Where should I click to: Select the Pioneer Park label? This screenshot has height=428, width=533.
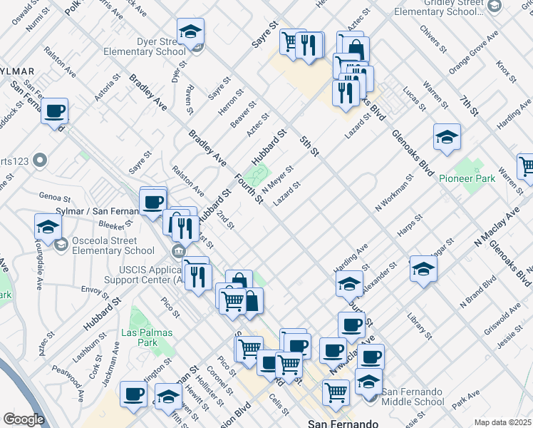click(467, 178)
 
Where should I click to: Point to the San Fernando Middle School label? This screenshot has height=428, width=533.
click(414, 397)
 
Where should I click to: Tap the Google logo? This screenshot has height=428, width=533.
click(24, 419)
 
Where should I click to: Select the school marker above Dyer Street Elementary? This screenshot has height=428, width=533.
click(190, 32)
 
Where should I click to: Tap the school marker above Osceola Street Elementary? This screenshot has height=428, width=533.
click(48, 228)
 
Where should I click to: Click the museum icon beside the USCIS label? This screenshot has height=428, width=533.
click(178, 250)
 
